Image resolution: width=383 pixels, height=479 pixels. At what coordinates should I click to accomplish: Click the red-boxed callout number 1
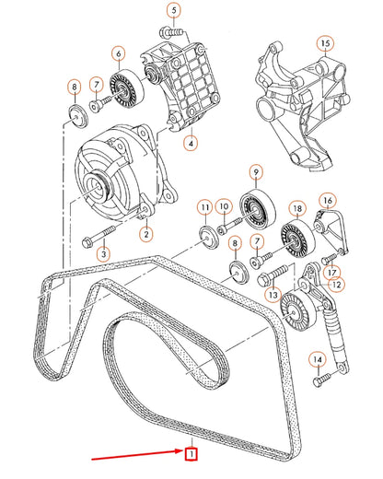click(191, 453)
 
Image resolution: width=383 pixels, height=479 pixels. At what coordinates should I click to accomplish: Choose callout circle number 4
click(190, 143)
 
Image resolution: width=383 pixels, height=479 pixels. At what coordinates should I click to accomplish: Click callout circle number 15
click(323, 43)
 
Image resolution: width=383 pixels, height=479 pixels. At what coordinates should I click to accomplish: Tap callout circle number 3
click(103, 252)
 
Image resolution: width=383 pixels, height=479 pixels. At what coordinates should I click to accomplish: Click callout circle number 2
click(145, 234)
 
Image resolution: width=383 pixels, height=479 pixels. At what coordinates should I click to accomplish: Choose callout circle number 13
click(273, 294)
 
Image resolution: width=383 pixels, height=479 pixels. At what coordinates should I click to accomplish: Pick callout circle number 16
click(326, 201)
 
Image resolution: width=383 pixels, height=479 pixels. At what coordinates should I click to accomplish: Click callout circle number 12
click(336, 285)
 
